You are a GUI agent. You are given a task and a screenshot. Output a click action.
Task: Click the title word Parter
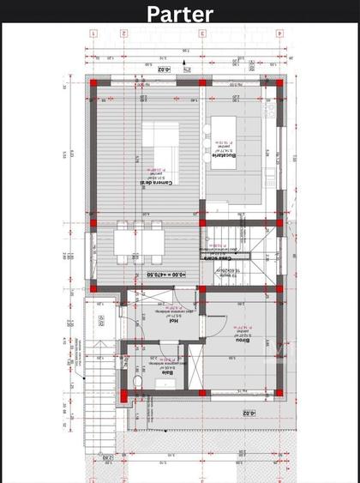click(179, 14)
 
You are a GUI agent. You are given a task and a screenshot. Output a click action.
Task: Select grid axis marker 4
click(279, 34)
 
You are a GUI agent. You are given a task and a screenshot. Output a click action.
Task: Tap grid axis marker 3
click(202, 34)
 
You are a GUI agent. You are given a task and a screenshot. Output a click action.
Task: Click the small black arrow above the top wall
click(188, 70)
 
